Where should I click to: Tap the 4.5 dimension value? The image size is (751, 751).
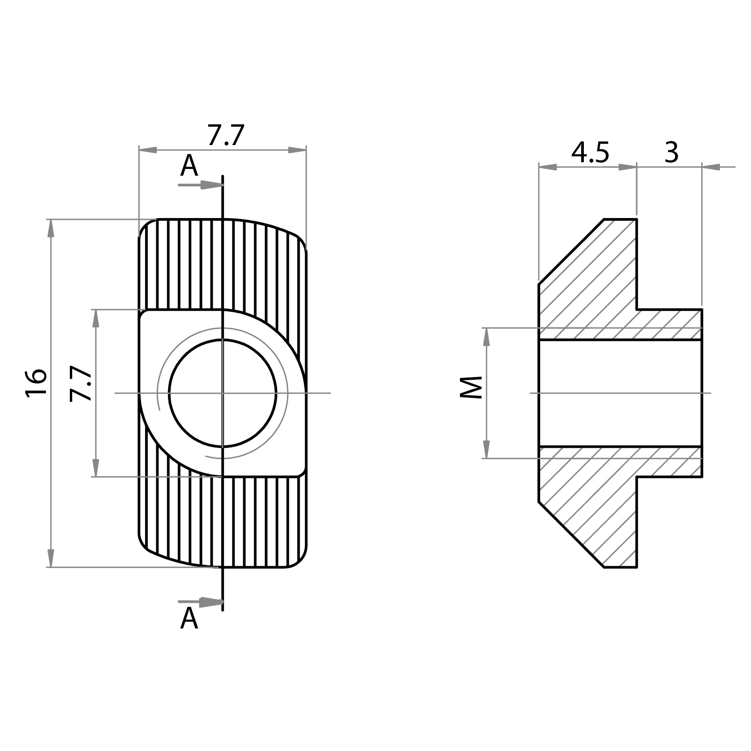point(590,153)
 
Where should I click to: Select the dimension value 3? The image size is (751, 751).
point(671,153)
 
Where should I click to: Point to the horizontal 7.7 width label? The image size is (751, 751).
point(226,135)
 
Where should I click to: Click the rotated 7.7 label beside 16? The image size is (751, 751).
point(82,383)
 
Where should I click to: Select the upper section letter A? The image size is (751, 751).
point(189,166)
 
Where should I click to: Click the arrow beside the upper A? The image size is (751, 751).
point(210,185)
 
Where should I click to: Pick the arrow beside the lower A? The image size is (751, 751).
point(210,601)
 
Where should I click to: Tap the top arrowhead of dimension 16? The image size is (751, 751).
point(51,229)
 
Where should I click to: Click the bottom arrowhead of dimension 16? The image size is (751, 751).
point(51,558)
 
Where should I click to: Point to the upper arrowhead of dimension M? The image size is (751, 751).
point(487,337)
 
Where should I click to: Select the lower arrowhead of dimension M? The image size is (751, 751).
point(487,449)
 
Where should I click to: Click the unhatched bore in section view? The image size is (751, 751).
point(620,393)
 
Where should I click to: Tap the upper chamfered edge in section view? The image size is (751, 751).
point(571,251)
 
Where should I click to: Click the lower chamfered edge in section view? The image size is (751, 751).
point(571,534)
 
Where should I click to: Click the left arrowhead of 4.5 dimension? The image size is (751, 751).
point(548,167)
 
